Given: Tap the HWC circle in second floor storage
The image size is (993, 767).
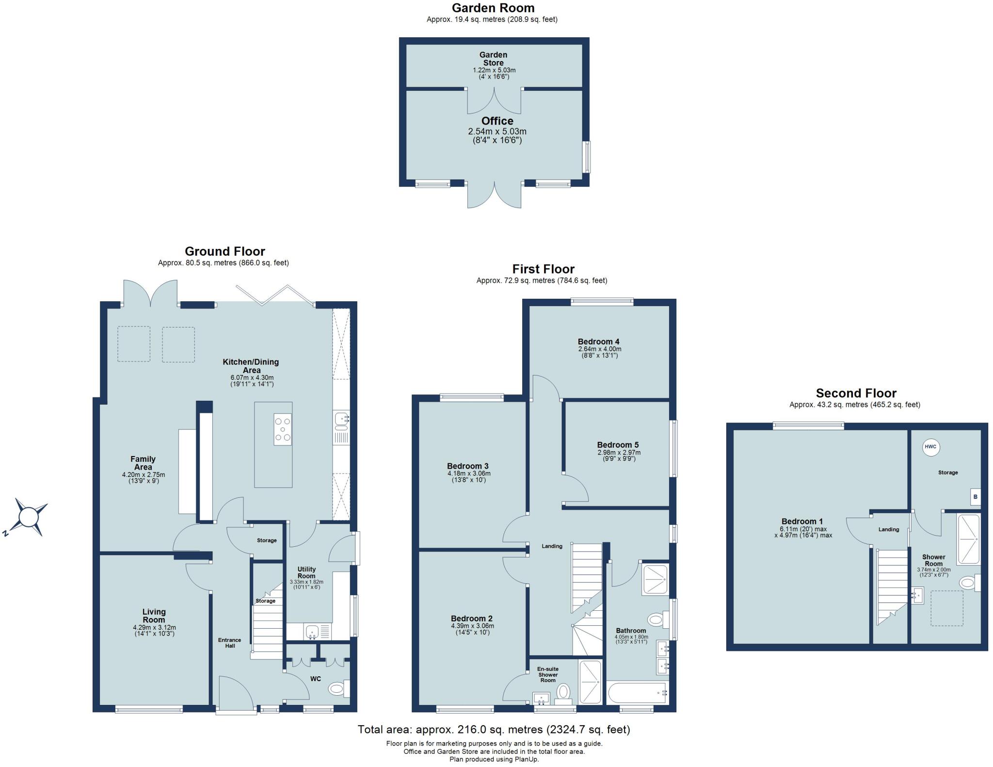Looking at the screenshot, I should click(930, 447).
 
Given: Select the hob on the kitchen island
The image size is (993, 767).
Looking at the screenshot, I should click(283, 429).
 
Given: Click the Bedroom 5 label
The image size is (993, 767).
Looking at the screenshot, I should click(618, 444).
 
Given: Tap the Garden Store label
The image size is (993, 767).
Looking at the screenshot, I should click(493, 59).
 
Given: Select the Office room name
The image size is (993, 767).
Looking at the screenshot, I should click(497, 121).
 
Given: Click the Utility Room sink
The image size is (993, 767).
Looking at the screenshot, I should click(312, 631).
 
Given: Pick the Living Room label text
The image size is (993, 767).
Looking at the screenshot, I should click(154, 616).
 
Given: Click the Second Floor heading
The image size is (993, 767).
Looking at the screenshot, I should click(856, 393).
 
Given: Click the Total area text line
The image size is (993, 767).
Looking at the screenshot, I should click(494, 729).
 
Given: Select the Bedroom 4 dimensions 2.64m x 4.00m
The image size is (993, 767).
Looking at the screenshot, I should click(599, 349).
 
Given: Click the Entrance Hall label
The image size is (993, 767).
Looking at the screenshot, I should click(229, 643).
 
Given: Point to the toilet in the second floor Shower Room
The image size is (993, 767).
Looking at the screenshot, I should click(968, 582).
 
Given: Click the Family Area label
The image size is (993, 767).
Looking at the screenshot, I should click(143, 463).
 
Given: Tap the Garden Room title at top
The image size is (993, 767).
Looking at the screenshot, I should click(493, 8).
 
